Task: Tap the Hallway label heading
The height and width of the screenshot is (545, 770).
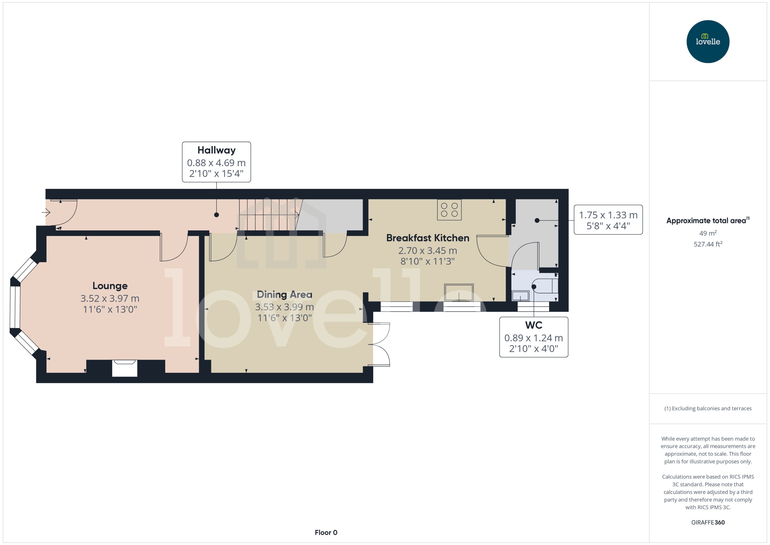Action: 216,150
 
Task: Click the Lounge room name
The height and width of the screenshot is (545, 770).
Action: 110,286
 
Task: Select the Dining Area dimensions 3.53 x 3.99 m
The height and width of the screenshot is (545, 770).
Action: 284,307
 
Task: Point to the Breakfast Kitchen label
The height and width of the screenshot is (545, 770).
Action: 427,238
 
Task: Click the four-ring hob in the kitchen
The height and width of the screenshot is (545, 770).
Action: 449,210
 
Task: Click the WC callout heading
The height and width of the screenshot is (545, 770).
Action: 533,325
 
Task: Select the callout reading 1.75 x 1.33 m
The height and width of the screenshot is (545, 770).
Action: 608,220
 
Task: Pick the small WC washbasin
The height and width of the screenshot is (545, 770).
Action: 520,296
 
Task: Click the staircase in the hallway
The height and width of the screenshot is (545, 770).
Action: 268,215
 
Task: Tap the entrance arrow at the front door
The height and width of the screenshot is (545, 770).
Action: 46,212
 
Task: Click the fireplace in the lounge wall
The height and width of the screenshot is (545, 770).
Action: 125,368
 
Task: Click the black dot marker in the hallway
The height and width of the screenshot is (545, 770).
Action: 216,215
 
